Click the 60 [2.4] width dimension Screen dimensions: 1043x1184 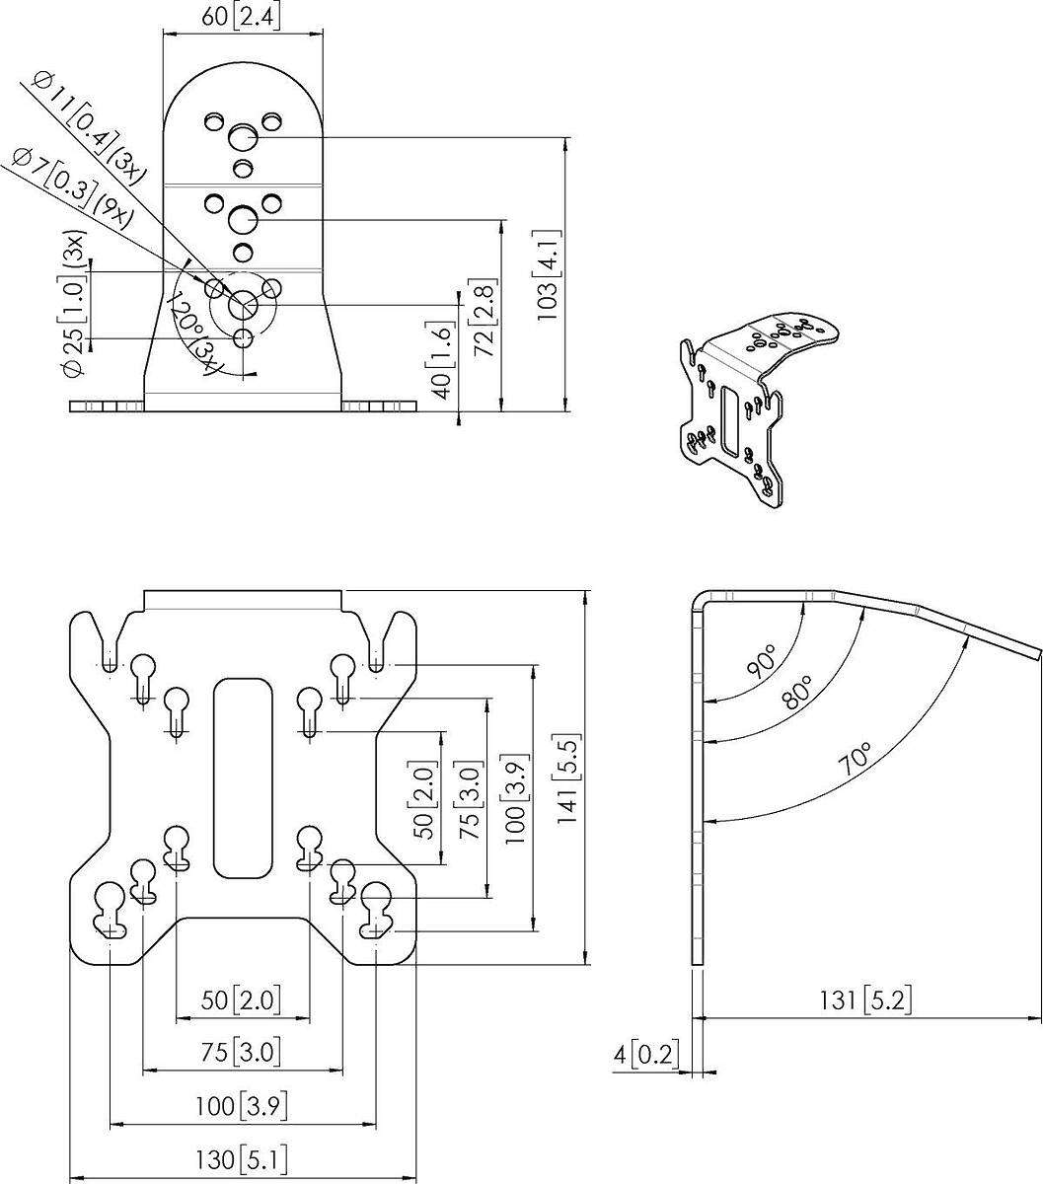241,18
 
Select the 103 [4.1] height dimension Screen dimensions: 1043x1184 549,274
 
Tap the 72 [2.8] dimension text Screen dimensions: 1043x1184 484,317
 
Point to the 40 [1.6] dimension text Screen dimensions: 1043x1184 443,360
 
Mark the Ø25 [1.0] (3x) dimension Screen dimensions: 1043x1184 75,303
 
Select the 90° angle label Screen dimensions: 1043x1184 762,661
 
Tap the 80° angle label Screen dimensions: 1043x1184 797,693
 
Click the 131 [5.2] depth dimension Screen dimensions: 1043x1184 865,1001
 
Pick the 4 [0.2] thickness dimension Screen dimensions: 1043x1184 646,1055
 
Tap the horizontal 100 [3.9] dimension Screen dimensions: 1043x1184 241,1106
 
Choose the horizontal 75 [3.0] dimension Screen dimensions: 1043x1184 241,1053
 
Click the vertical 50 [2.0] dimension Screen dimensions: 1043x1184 423,799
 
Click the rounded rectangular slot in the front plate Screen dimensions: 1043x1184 243,778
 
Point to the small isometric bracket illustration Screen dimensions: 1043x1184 759,409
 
